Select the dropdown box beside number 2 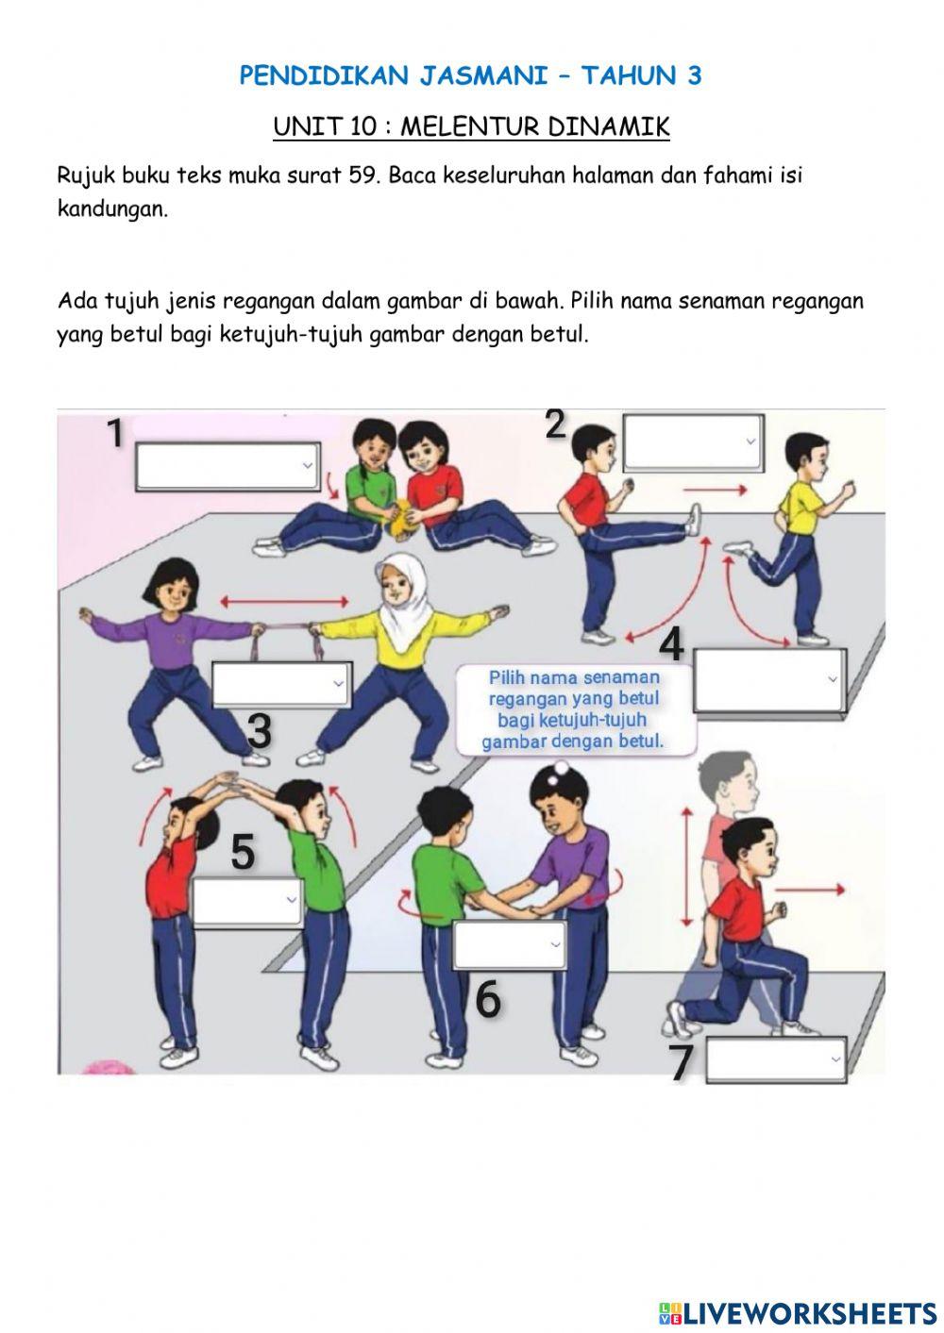click(692, 442)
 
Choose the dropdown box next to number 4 click(768, 680)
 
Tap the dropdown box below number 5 click(247, 901)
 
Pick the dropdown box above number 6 click(510, 944)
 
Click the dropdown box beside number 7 click(776, 1060)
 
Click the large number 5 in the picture click(243, 852)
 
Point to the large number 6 click(487, 999)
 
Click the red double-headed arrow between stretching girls click(285, 600)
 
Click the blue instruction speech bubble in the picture click(574, 709)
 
